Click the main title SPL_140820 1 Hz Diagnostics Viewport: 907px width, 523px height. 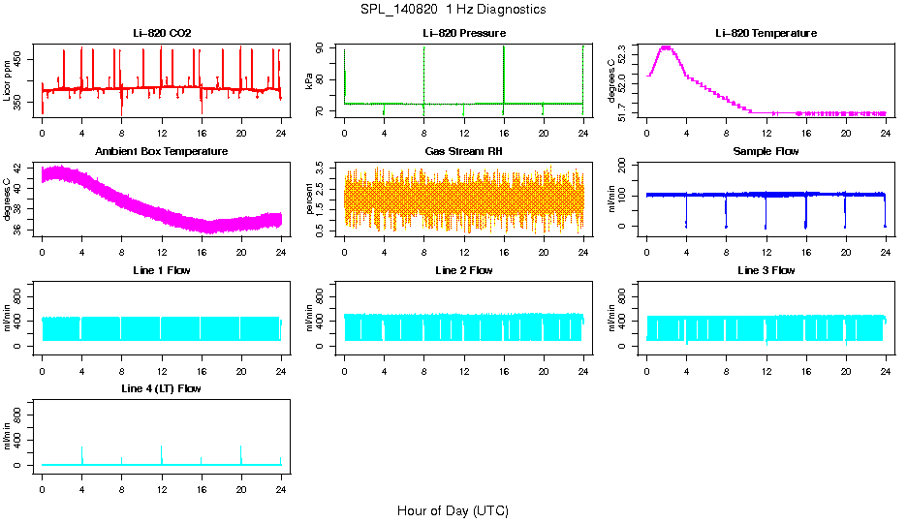(x=453, y=9)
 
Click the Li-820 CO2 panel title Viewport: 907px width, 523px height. (x=162, y=33)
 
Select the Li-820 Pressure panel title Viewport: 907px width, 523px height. (x=464, y=33)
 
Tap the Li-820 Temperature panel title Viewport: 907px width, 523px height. (x=766, y=33)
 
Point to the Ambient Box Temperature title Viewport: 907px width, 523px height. (x=162, y=152)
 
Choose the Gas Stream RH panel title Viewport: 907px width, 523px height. (x=464, y=152)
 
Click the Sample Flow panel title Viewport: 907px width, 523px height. (x=766, y=152)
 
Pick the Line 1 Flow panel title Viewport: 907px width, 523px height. (x=162, y=270)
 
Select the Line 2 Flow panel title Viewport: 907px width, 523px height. (x=464, y=270)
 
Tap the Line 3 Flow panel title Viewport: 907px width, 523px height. (x=766, y=270)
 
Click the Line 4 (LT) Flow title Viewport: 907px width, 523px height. (x=162, y=388)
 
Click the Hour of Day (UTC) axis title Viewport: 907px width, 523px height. (x=453, y=510)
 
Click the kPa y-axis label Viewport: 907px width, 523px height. (x=310, y=81)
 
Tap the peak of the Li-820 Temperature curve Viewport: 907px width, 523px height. (x=666, y=46)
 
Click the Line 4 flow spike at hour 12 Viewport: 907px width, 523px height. (x=162, y=447)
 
